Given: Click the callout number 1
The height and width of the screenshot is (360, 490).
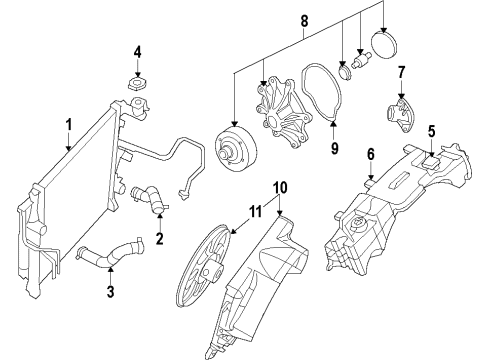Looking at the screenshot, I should pos(68,125).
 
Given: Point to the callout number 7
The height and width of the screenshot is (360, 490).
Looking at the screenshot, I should pos(401,72).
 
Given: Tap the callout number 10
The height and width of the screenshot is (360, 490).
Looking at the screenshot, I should pos(281,186).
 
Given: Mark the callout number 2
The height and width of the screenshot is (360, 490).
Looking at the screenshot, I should pos(158,240).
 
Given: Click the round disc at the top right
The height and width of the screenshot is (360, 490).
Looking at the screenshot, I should pos(385,45).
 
